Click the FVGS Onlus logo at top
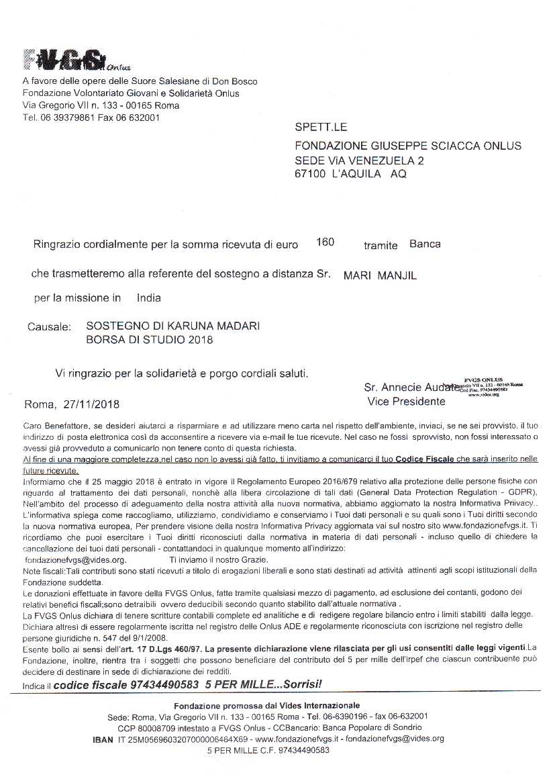point(74,60)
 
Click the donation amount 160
point(325,242)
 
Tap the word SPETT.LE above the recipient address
point(321,128)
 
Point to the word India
point(148,297)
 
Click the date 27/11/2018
point(91,404)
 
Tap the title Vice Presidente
point(406,402)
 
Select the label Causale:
point(49,327)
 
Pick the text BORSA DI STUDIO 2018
point(149,340)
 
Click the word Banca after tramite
point(425,244)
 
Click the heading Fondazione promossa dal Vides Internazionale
point(266,705)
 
